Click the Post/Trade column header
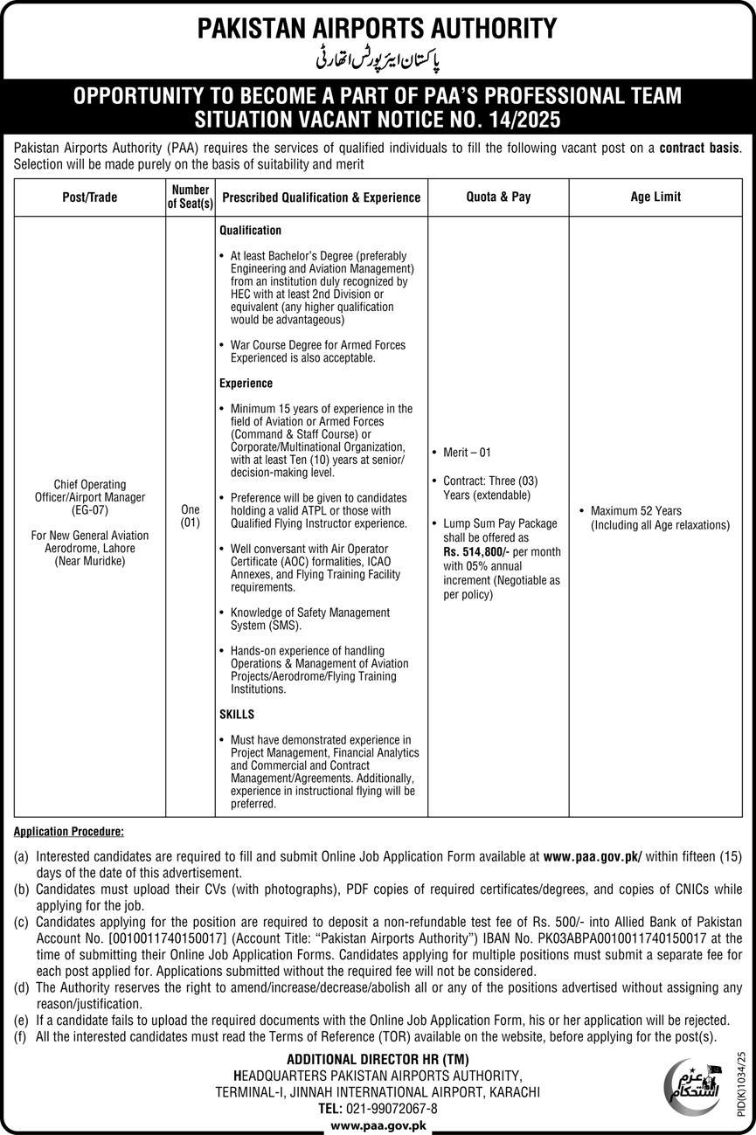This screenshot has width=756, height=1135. point(90,197)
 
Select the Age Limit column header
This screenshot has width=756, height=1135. point(655,197)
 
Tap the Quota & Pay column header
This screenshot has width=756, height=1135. point(498,197)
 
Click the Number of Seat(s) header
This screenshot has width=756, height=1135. point(191,197)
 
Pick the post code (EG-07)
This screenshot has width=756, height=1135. point(90,509)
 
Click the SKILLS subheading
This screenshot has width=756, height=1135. point(237,714)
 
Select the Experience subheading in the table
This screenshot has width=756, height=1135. point(246,383)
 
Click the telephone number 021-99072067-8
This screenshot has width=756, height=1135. point(392,1108)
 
